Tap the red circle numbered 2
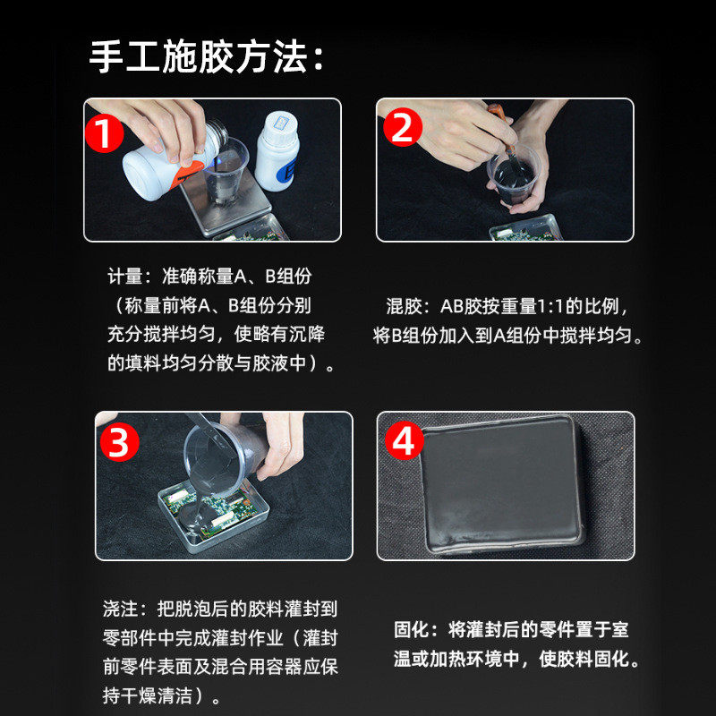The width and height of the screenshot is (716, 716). coord(402,129)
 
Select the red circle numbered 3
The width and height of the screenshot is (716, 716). coord(119,441)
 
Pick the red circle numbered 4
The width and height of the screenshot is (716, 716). coord(407,441)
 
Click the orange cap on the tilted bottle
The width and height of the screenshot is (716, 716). coord(189,175)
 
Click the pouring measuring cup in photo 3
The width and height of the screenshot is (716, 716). coord(218,456)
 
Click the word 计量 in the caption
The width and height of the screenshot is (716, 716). coord(124,277)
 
